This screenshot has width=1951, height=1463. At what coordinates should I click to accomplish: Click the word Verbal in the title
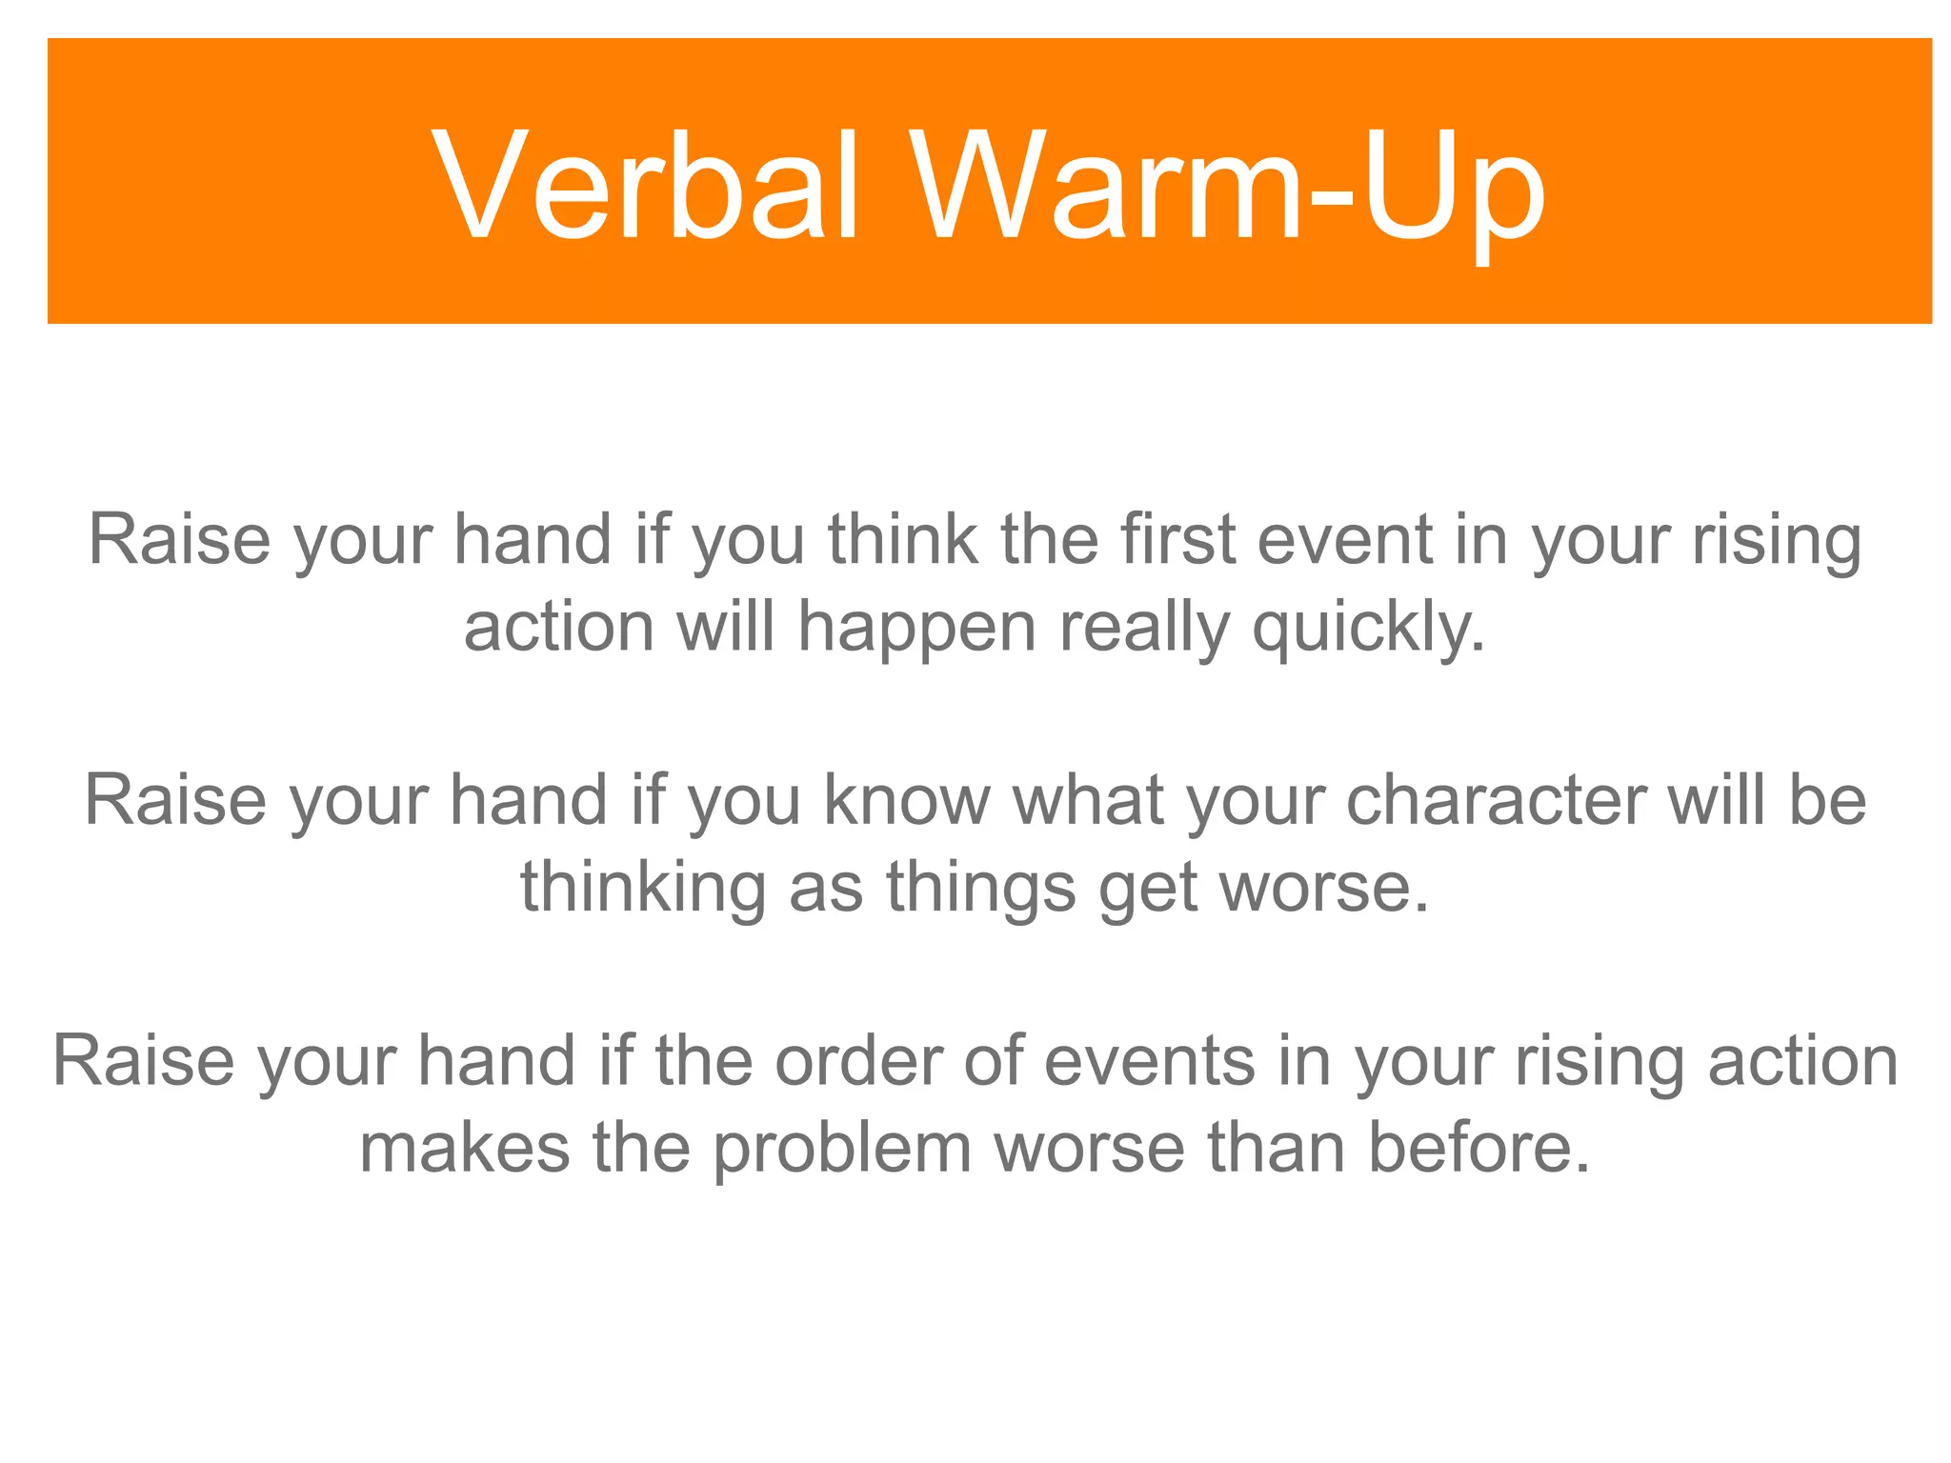(647, 186)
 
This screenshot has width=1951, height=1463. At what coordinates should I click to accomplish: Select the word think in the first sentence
(902, 540)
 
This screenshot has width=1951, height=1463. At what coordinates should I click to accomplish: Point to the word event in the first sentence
(1344, 540)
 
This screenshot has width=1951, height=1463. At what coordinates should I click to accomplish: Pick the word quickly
(1368, 629)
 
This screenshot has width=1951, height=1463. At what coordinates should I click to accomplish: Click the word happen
(916, 629)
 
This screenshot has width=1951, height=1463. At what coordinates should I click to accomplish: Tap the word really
(1144, 629)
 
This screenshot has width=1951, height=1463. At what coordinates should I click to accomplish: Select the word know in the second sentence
(907, 800)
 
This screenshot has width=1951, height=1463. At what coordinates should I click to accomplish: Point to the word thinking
(643, 888)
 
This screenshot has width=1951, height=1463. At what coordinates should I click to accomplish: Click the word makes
(464, 1148)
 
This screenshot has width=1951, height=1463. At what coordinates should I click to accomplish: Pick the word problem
(842, 1148)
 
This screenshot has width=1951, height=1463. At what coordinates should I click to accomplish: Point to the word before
(1478, 1148)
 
